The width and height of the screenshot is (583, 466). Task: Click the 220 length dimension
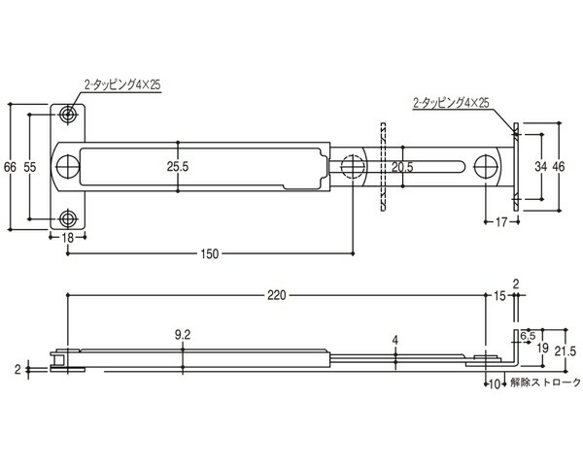[277, 295]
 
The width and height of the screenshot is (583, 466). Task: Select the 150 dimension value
[210, 254]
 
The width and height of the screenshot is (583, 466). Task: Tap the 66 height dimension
[10, 167]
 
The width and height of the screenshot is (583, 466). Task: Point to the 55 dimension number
[30, 167]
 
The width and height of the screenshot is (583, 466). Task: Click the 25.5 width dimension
[178, 166]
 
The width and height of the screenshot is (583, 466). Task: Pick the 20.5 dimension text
[402, 167]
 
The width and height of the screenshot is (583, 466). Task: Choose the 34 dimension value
[541, 166]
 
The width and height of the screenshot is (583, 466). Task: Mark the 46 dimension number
[559, 166]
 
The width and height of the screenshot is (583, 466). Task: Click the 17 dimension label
[501, 222]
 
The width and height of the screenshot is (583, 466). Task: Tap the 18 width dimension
[68, 238]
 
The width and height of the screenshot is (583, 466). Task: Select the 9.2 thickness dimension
[183, 335]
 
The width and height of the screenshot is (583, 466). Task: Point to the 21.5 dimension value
[566, 351]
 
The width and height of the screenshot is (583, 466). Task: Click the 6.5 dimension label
[528, 336]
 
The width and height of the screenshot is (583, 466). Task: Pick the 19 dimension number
[543, 349]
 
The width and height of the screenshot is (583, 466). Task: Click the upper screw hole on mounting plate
[68, 115]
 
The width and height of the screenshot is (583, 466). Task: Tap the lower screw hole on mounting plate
[68, 218]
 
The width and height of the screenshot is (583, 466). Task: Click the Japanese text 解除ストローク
[545, 383]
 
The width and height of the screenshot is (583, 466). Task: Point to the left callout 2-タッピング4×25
[122, 85]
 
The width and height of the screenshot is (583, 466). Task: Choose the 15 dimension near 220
[500, 296]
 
